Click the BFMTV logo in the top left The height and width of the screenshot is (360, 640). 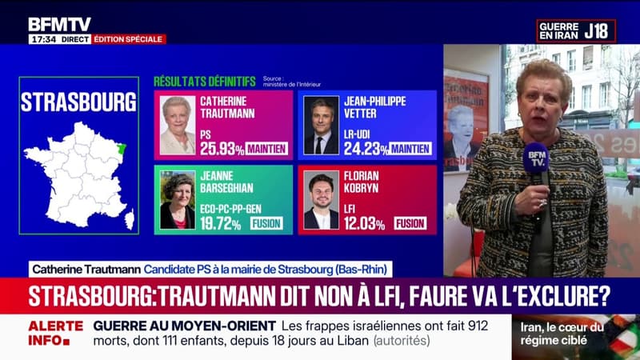59,24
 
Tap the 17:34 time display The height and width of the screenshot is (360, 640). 43,39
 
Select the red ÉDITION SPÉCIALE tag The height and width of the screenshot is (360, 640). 129,39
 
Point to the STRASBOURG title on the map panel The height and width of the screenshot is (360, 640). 78,102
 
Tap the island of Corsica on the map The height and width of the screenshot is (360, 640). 129,218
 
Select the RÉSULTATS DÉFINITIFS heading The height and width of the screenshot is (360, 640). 205,82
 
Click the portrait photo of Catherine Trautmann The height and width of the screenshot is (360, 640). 177,126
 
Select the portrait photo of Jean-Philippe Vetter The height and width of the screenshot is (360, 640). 321,126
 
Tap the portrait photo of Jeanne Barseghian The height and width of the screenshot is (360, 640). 177,201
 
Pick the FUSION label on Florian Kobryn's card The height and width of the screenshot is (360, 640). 410,223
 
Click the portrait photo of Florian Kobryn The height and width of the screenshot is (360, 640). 321,201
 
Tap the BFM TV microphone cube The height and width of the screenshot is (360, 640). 536,158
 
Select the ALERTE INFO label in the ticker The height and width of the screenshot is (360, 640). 55,333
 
